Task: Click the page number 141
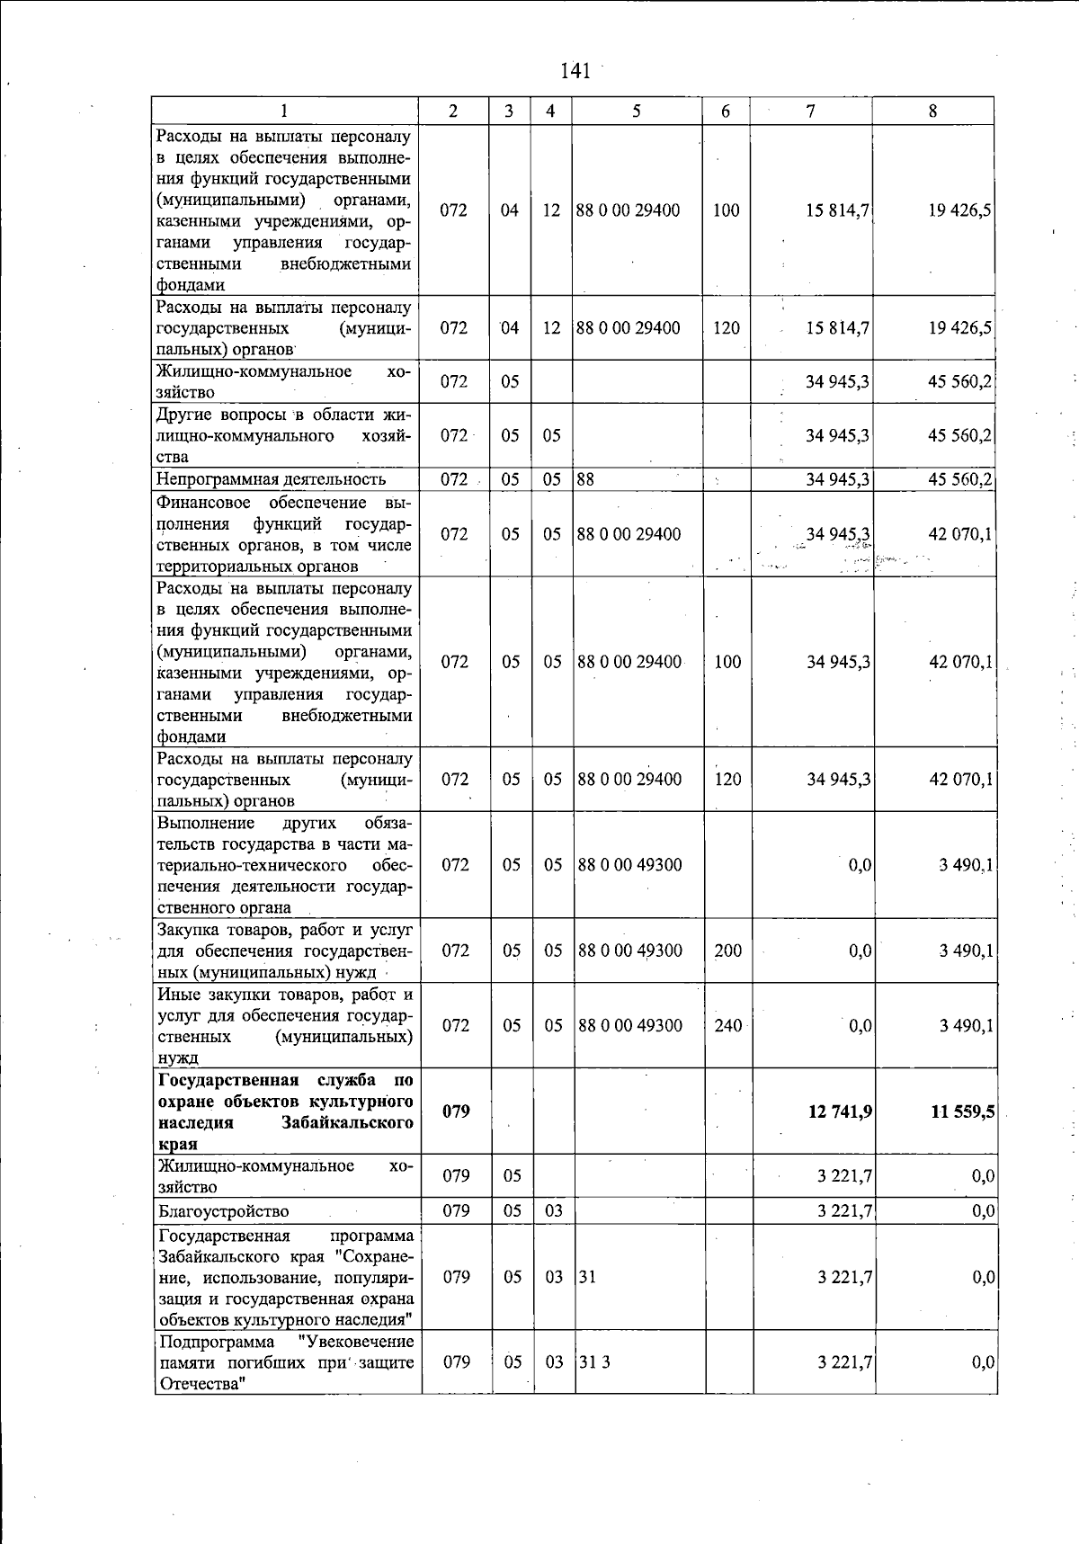point(575,71)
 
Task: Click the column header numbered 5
point(637,111)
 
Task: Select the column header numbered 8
point(932,111)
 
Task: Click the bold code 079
point(456,1111)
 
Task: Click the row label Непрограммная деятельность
point(271,479)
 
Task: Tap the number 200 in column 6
point(727,950)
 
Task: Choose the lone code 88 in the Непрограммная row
point(585,479)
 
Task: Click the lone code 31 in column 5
point(587,1277)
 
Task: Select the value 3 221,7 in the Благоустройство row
point(844,1211)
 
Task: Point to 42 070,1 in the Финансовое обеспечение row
point(961,534)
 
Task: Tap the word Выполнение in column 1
point(205,822)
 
